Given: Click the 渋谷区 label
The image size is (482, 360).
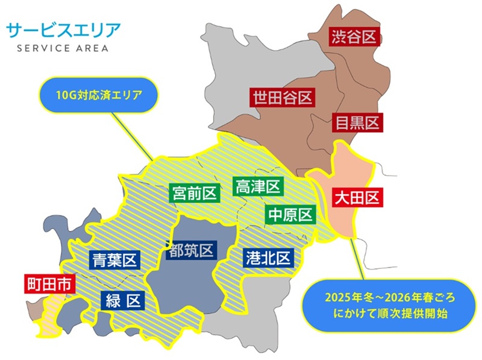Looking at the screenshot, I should pos(354,37).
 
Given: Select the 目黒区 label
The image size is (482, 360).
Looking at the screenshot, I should pos(357,123).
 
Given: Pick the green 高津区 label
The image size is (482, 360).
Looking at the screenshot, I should pos(258,187).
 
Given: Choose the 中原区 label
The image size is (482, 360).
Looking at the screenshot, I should pos(290,215).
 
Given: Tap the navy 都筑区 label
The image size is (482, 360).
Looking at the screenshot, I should pos(191,250).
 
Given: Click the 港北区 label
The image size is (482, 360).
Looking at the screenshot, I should pos(268,258).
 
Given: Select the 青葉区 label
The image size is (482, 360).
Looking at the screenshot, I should pos(115,261).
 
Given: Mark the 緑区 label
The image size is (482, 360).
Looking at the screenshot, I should pos(122,300).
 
